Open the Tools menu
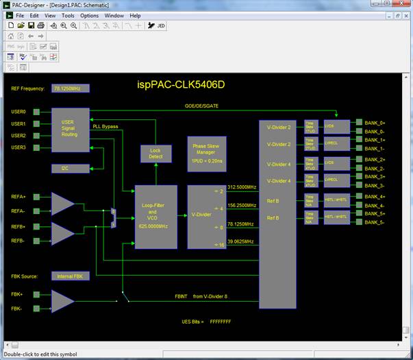pos(68,15)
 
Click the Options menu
pos(90,15)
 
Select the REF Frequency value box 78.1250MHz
pos(71,88)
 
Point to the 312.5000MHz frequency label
pos(241,187)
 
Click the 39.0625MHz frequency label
pos(241,242)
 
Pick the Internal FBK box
pos(71,276)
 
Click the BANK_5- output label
pos(375,223)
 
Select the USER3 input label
pos(19,147)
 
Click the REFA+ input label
pos(19,197)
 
